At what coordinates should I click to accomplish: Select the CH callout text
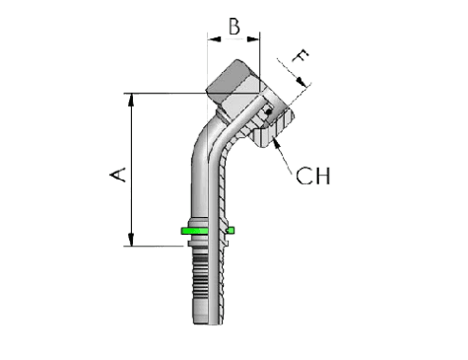(312, 177)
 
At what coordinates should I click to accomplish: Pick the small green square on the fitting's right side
(231, 231)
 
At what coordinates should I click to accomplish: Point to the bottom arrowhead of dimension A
(131, 240)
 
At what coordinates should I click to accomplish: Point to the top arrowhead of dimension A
(131, 100)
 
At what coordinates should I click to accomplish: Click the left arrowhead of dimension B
(211, 40)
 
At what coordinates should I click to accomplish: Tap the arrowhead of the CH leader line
(277, 141)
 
